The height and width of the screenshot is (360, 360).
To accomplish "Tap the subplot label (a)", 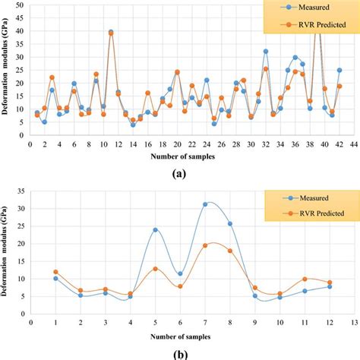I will pos(179,174).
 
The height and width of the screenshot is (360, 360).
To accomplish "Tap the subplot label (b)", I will pos(179,353).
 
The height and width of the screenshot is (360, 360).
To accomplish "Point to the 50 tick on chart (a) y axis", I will pos(20,5).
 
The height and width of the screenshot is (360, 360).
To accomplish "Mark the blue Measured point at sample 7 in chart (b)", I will pos(204,204).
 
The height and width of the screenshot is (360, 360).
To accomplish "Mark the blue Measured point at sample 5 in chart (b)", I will pos(155,229).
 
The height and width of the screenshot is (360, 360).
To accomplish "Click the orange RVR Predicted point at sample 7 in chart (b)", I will pos(204,245).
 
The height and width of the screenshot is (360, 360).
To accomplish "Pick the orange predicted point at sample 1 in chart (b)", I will pos(55,272).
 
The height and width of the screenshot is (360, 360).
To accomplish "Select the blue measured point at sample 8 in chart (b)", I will pos(229,223).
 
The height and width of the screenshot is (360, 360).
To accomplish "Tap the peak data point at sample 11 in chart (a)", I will pos(111,33).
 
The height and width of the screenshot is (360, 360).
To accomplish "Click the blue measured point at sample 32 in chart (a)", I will pos(266,52).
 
